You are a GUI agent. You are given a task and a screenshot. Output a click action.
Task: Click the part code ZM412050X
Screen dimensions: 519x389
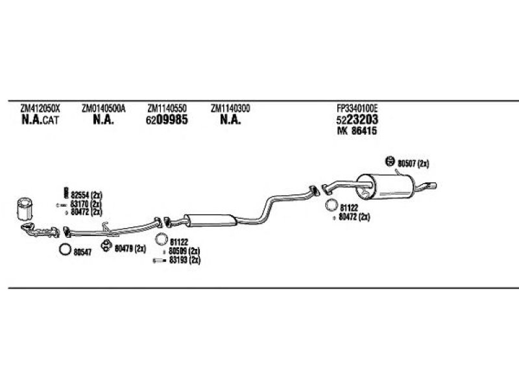[40, 108]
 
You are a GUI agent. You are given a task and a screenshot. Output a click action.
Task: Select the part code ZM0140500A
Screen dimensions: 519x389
[103, 108]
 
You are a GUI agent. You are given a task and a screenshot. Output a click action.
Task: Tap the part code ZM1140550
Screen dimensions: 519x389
[167, 108]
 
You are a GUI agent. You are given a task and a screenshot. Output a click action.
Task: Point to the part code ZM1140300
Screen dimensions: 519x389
[230, 108]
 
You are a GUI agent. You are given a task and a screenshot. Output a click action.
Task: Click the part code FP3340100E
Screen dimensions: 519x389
[357, 108]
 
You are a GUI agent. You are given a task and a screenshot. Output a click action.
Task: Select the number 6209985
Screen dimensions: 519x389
[167, 119]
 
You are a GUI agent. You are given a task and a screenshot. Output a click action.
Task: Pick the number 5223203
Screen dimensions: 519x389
[357, 119]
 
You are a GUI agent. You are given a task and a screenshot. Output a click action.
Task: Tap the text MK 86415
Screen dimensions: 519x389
[357, 131]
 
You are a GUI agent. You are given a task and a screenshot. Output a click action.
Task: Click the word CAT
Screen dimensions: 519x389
[51, 120]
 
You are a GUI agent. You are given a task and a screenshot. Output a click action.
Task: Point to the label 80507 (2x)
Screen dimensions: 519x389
[413, 163]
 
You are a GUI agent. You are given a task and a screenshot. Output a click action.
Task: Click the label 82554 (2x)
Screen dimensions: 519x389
[86, 195]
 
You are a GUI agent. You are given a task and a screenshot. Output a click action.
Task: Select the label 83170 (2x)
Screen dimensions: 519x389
[86, 204]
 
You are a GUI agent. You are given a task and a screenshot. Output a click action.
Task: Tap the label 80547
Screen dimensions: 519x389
[82, 252]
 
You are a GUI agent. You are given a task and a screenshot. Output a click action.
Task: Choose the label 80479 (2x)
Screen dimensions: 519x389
[130, 248]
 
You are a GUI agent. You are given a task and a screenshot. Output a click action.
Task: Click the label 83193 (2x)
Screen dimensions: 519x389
[185, 261]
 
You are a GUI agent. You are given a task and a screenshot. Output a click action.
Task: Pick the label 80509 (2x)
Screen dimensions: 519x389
[184, 251]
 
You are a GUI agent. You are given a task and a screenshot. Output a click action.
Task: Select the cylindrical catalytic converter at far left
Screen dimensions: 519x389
[25, 209]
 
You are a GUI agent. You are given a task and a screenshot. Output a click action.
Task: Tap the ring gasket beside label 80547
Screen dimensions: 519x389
[65, 250]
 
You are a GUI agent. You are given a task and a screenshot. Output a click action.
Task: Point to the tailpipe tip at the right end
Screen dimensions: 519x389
[433, 185]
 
